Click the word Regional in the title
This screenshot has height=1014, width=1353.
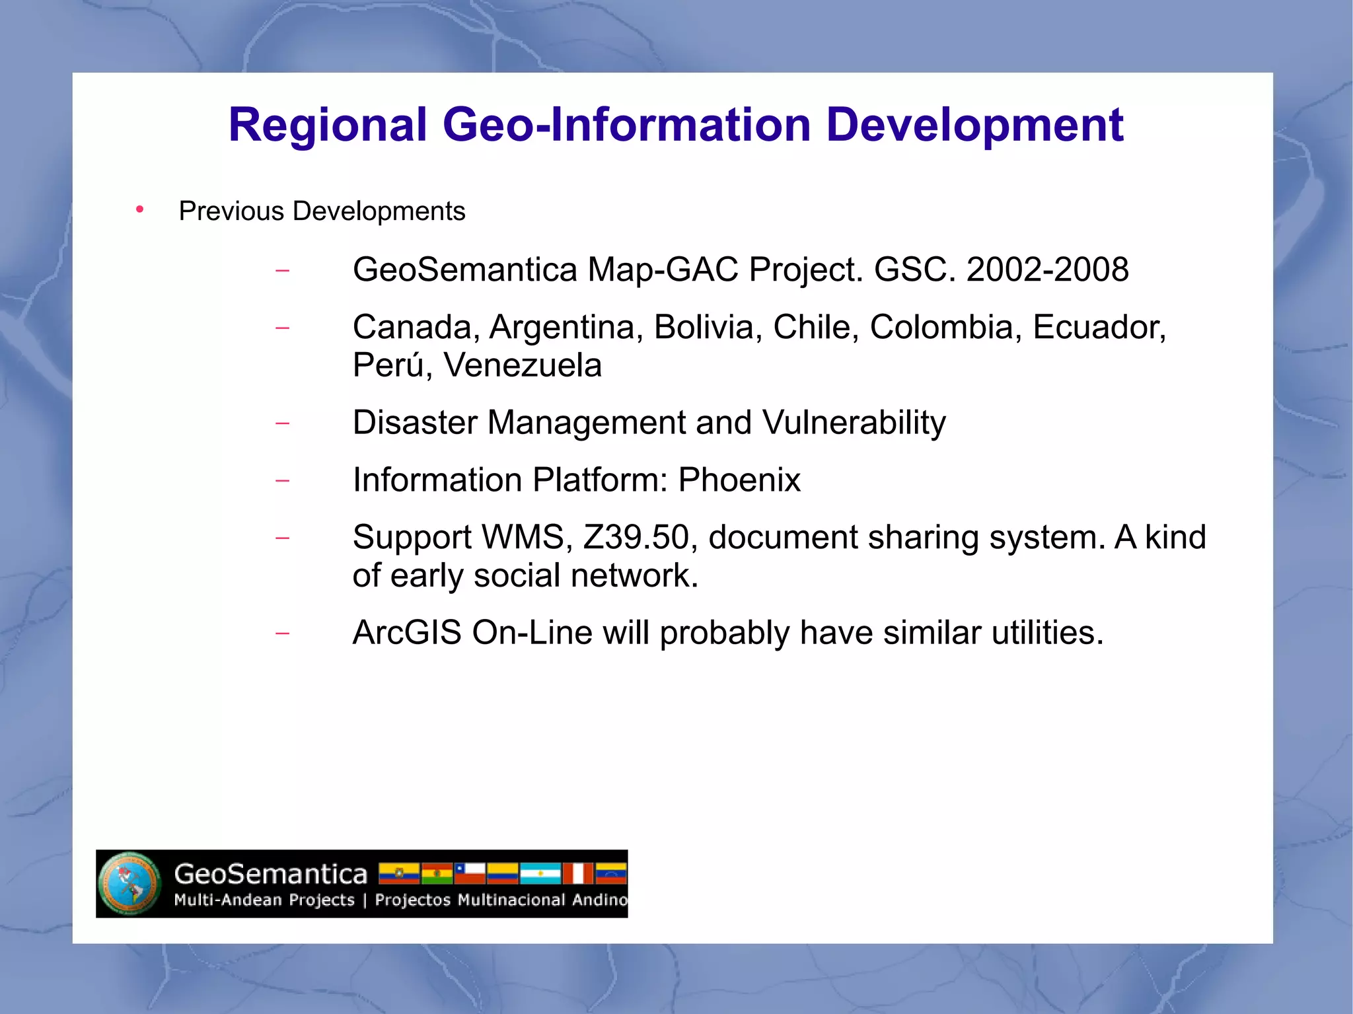[328, 126]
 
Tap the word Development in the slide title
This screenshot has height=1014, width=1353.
[974, 126]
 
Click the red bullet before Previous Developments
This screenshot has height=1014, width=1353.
[139, 210]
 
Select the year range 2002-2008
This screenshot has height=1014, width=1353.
[1047, 270]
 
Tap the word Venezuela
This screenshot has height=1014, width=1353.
[523, 365]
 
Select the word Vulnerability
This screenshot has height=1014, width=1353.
[854, 423]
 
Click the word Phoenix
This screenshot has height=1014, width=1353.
[739, 480]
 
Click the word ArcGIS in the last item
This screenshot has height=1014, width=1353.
[407, 633]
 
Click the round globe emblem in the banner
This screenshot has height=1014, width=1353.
[129, 884]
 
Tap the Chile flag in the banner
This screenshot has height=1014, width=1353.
[470, 873]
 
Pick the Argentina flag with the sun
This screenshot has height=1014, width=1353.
[540, 873]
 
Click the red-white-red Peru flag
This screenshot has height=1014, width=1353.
[578, 873]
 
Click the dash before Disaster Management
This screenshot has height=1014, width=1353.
[282, 423]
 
